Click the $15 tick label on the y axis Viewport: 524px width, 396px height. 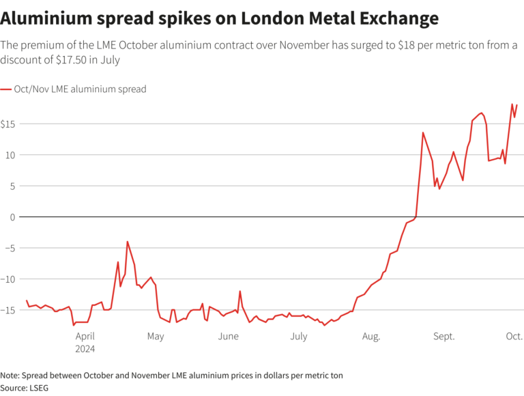click(x=10, y=124)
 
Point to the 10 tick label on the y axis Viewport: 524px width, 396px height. click(x=8, y=155)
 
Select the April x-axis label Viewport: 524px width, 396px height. click(x=85, y=336)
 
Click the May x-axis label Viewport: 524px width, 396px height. click(x=156, y=336)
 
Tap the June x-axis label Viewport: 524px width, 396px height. click(x=229, y=336)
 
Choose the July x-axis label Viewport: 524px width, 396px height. click(x=299, y=336)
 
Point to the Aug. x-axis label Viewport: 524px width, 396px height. click(x=371, y=336)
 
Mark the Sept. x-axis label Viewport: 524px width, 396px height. click(x=443, y=336)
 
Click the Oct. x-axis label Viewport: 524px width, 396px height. click(x=514, y=336)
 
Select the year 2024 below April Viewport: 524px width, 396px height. click(x=85, y=348)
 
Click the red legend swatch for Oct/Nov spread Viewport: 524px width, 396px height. click(x=6, y=89)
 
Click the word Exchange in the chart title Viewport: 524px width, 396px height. click(x=396, y=16)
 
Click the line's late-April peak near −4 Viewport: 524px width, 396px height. click(x=127, y=242)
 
